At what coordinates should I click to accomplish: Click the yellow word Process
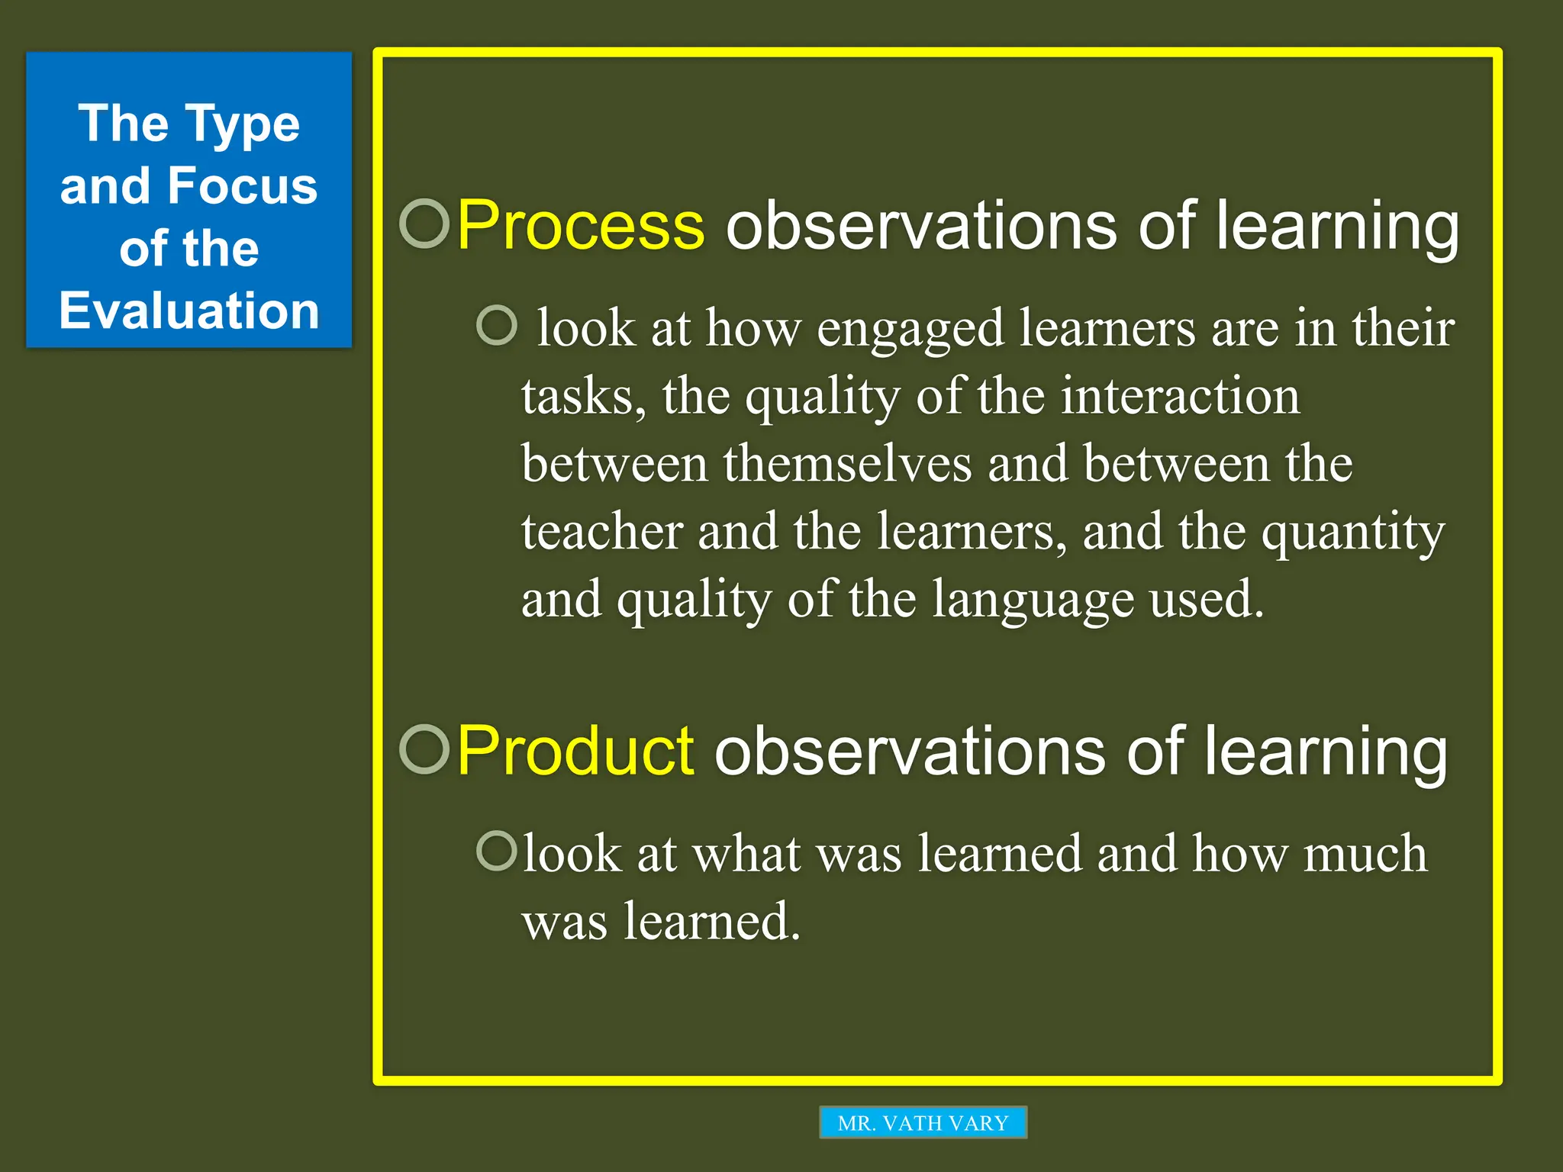(581, 225)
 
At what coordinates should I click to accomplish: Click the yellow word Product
(575, 752)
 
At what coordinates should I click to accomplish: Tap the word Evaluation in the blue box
(189, 311)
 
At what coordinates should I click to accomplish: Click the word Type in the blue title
(242, 124)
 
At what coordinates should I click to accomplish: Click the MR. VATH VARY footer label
(923, 1122)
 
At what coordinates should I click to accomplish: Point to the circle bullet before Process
(424, 224)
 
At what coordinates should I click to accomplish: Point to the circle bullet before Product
(424, 749)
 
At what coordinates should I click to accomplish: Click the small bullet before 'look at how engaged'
(497, 325)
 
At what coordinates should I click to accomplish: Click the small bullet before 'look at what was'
(497, 851)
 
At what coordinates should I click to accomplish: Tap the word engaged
(910, 330)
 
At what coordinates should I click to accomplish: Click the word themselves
(847, 464)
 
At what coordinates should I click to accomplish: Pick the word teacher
(602, 531)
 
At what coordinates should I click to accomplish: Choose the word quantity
(1352, 533)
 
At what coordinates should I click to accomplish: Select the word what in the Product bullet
(746, 854)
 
